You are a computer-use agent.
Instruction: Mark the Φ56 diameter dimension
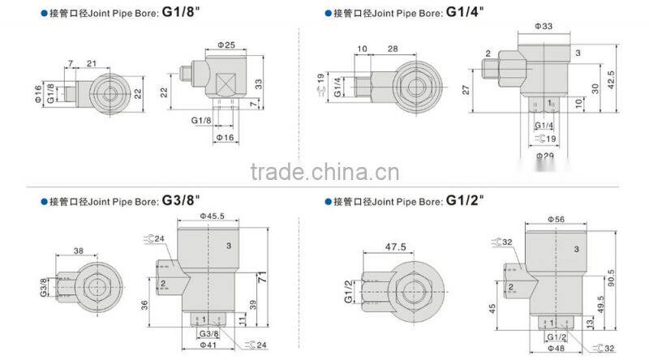pos(556,219)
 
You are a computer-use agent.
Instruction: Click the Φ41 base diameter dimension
pos(208,345)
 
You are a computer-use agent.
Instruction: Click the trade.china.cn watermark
pos(324,172)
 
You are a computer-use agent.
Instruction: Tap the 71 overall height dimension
pos(264,278)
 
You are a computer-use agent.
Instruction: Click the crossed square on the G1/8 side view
pos(225,82)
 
